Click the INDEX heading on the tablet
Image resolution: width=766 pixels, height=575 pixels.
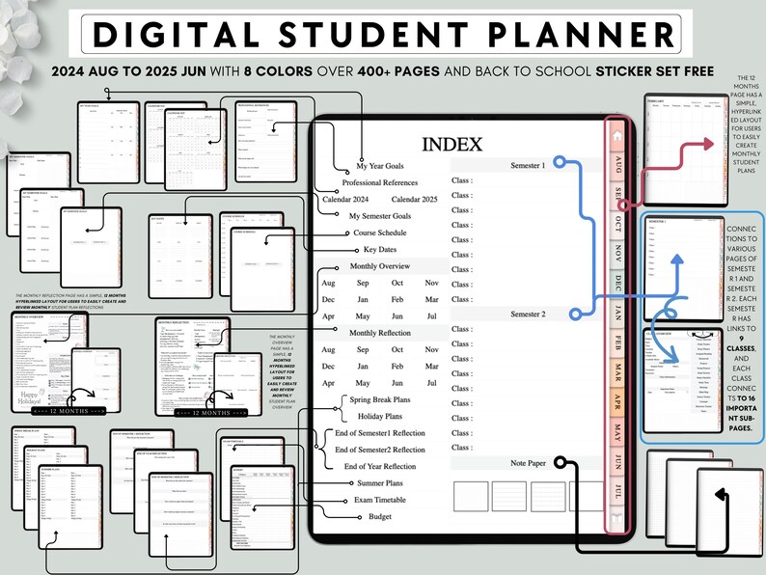[x=451, y=146]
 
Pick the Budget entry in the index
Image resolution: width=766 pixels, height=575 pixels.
[x=379, y=516]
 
